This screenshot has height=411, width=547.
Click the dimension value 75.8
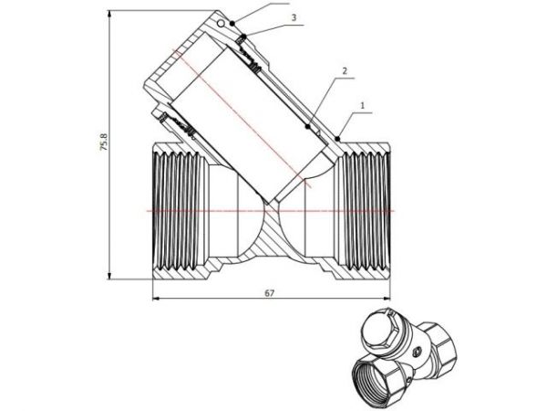(x=104, y=143)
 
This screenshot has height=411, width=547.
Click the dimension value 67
(x=270, y=292)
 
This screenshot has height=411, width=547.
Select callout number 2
(x=345, y=70)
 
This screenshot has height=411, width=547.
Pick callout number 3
(x=293, y=17)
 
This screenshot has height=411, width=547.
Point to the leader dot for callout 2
(x=308, y=126)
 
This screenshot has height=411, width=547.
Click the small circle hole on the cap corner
(x=220, y=21)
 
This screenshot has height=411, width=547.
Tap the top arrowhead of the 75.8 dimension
(x=111, y=13)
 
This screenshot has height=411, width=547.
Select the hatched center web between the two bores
(x=271, y=239)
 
